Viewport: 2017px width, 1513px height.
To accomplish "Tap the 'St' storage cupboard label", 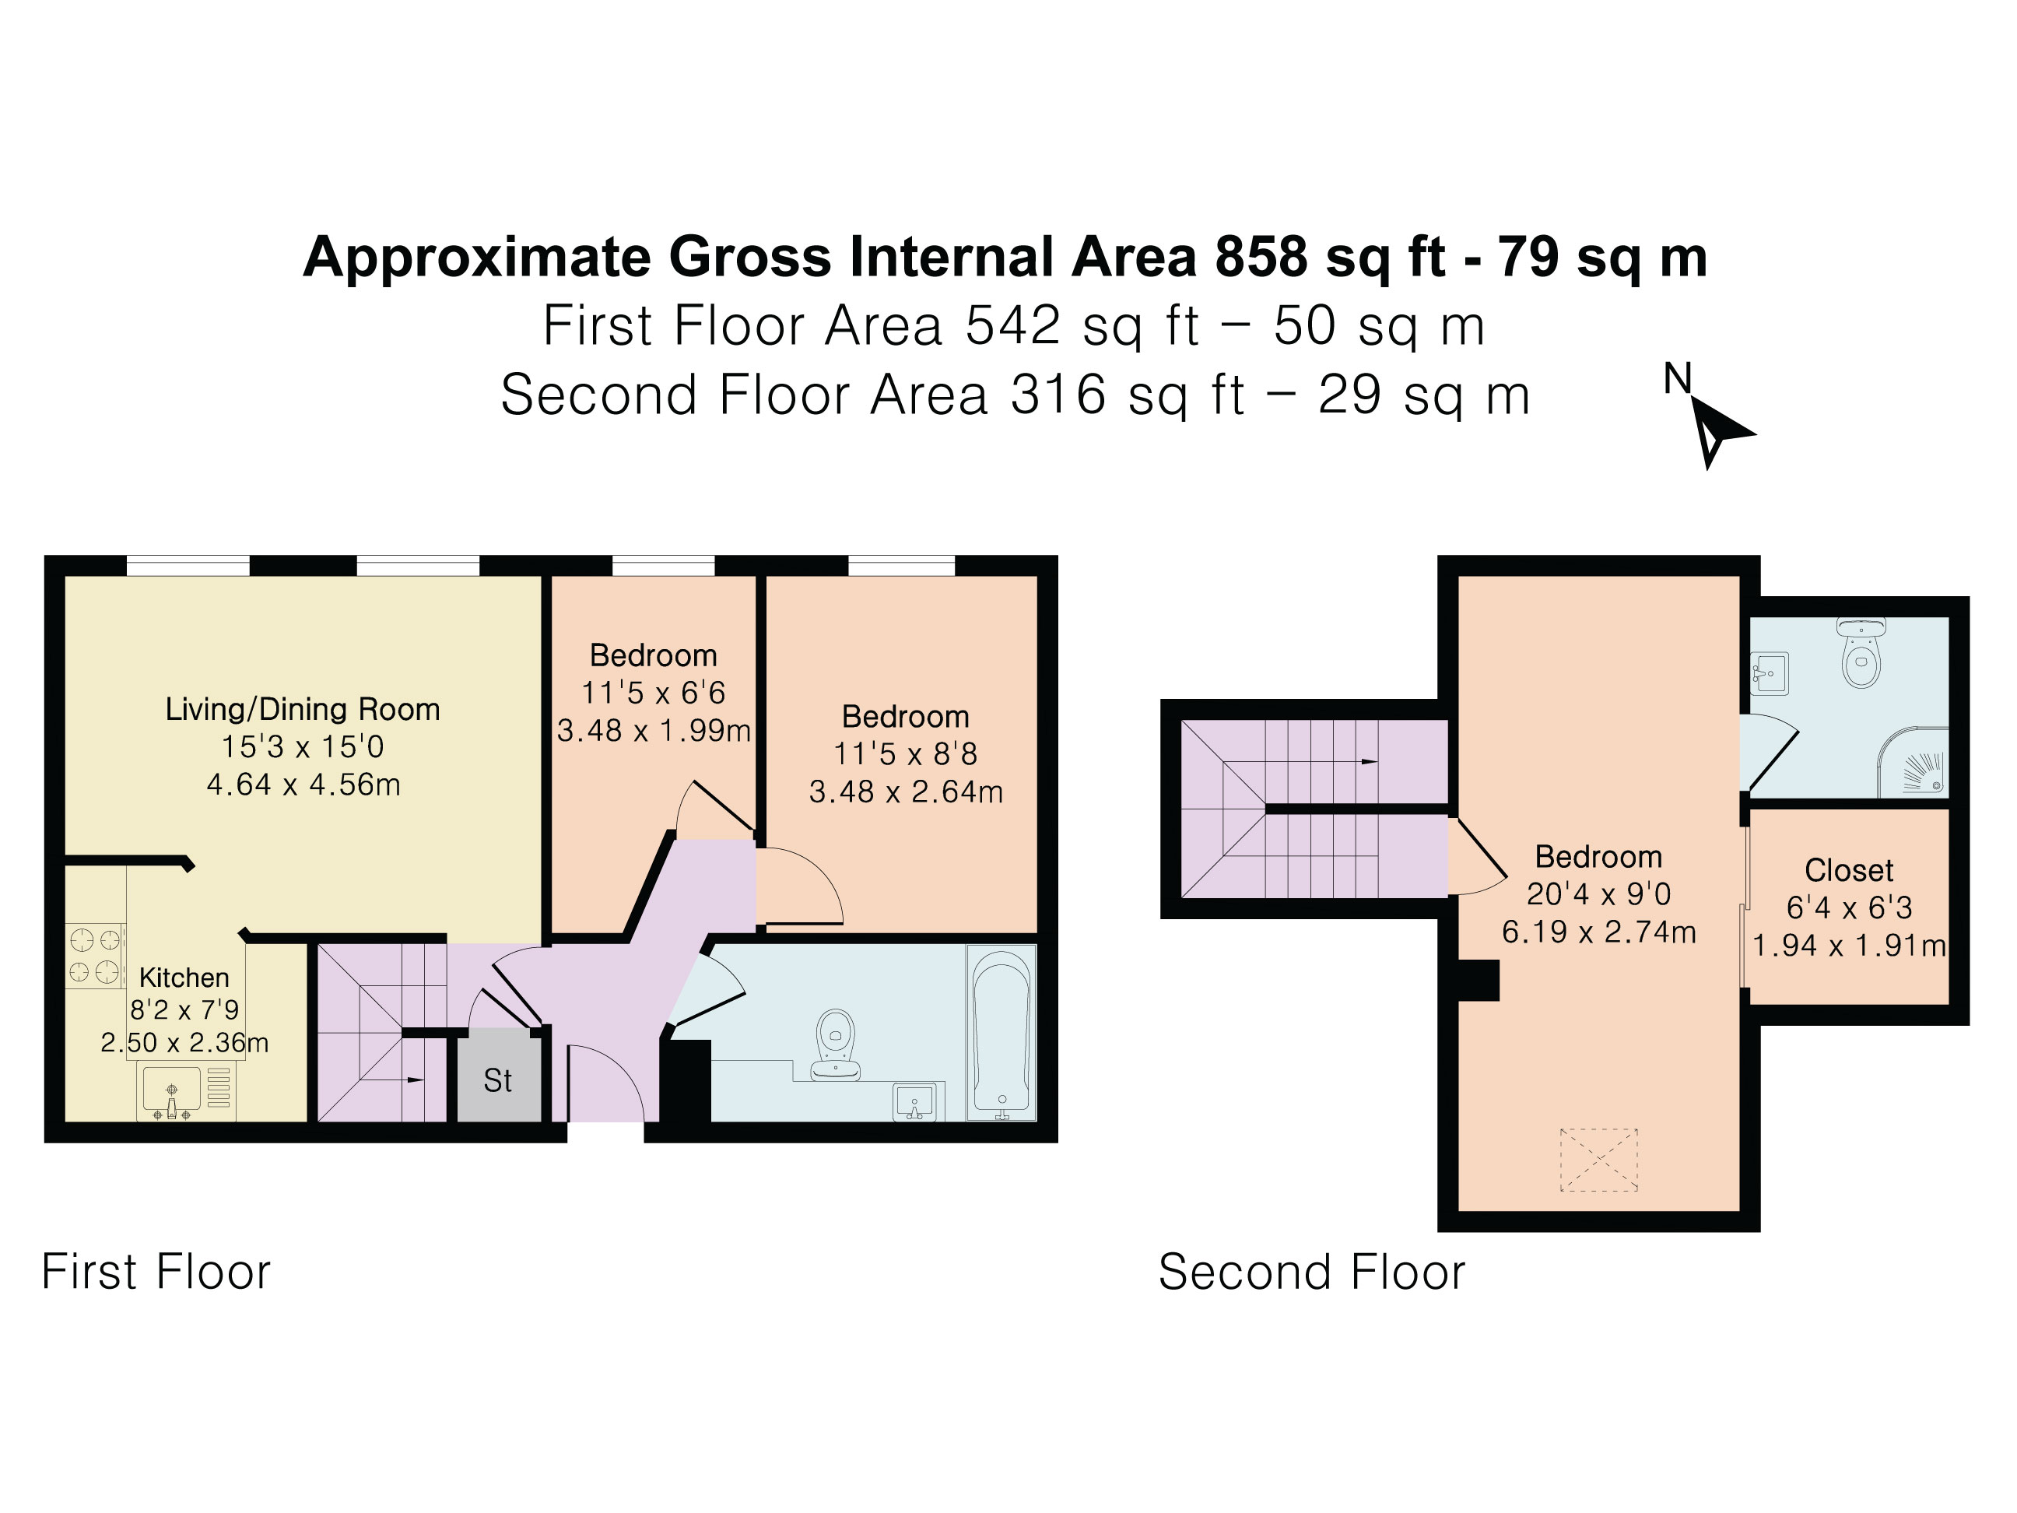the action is coord(498,1081).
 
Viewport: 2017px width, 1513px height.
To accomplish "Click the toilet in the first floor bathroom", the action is coord(837,1045).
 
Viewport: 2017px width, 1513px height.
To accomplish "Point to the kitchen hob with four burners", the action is coord(95,956).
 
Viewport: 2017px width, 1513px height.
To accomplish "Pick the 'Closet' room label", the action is coord(1849,870).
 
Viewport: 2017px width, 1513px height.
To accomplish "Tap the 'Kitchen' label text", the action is coord(184,978).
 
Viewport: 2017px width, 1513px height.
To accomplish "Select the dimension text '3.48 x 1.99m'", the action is coord(654,731).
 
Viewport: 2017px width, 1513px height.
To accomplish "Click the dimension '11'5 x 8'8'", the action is coord(906,754).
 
